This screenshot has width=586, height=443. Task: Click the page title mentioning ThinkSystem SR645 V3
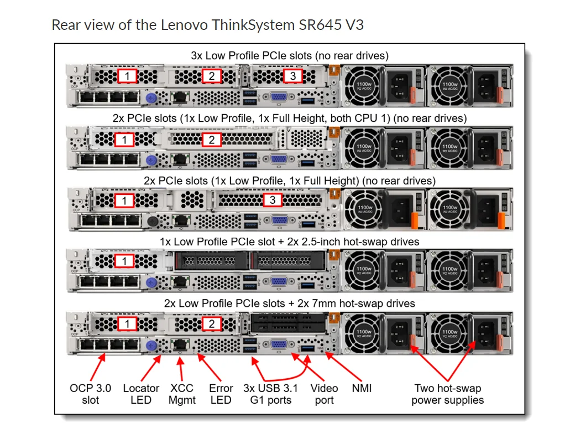click(x=207, y=25)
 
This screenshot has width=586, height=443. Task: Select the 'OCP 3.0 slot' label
click(x=90, y=394)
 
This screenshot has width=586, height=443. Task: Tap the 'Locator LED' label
click(x=141, y=394)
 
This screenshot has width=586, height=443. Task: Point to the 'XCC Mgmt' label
click(x=182, y=394)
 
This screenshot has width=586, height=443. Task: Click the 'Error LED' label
click(x=221, y=394)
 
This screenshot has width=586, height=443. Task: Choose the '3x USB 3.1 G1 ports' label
click(x=270, y=394)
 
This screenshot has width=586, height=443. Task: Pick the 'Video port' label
click(x=324, y=394)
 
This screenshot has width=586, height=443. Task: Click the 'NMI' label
click(x=362, y=388)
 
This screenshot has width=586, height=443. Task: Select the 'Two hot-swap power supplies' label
click(x=447, y=394)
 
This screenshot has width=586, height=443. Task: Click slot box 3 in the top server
click(x=293, y=76)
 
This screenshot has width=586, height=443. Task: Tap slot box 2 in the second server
click(x=211, y=140)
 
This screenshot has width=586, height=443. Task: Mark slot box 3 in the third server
click(x=273, y=200)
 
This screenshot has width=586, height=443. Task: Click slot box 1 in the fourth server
click(x=125, y=261)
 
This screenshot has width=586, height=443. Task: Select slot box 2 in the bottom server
click(x=211, y=323)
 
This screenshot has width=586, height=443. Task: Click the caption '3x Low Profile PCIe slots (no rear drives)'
click(x=289, y=55)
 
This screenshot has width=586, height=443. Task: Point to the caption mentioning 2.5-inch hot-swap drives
click(x=289, y=242)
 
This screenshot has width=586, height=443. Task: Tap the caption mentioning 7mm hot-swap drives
click(x=289, y=303)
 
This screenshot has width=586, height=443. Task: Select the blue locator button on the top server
click(x=149, y=98)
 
